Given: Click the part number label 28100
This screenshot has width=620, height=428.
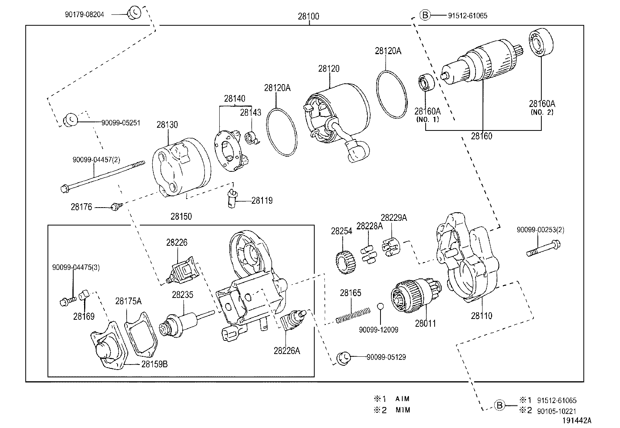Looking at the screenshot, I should click(308, 16).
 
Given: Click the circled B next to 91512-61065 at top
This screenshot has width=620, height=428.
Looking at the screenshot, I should click(425, 15).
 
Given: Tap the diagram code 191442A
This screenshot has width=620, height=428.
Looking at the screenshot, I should click(576, 421).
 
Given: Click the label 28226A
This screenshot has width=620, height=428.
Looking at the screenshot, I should click(287, 351).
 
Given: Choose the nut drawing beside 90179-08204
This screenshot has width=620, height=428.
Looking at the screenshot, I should click(134, 12).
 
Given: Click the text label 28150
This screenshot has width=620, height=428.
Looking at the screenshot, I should click(181, 216).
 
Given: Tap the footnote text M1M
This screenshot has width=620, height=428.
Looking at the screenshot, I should click(403, 410).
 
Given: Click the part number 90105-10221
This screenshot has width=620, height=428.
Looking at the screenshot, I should click(557, 411).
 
